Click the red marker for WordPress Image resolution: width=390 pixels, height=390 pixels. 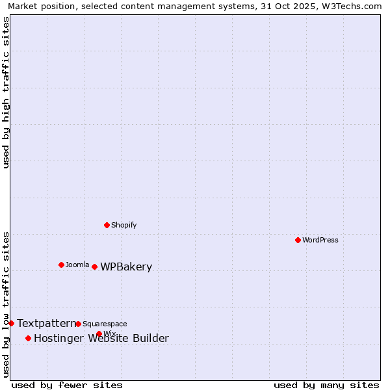pyautogui.click(x=298, y=240)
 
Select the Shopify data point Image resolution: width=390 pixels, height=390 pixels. pyautogui.click(x=107, y=225)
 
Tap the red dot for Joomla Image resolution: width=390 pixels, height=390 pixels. pyautogui.click(x=62, y=265)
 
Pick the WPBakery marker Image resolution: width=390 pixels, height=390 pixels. pyautogui.click(x=95, y=266)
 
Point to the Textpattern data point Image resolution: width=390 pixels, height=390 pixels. pyautogui.click(x=11, y=323)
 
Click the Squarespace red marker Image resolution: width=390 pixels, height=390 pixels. pyautogui.click(x=79, y=324)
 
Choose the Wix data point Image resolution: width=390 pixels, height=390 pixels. pyautogui.click(x=99, y=333)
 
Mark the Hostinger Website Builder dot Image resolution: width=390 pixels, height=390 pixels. pyautogui.click(x=28, y=338)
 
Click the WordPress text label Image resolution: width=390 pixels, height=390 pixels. pyautogui.click(x=320, y=240)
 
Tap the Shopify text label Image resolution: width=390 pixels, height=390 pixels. pyautogui.click(x=124, y=225)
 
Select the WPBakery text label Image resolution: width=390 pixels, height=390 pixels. pyautogui.click(x=126, y=267)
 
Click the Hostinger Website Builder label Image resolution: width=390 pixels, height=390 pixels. pyautogui.click(x=101, y=338)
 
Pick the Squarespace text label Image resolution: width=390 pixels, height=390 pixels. pyautogui.click(x=105, y=324)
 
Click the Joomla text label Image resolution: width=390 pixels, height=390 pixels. pyautogui.click(x=77, y=265)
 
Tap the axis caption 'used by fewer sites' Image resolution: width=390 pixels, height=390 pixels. pyautogui.click(x=67, y=385)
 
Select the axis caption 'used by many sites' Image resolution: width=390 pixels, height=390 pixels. pyautogui.click(x=326, y=385)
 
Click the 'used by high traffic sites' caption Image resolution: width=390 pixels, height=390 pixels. pyautogui.click(x=6, y=92)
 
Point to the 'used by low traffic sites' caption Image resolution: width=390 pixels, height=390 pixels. pyautogui.click(x=6, y=304)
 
